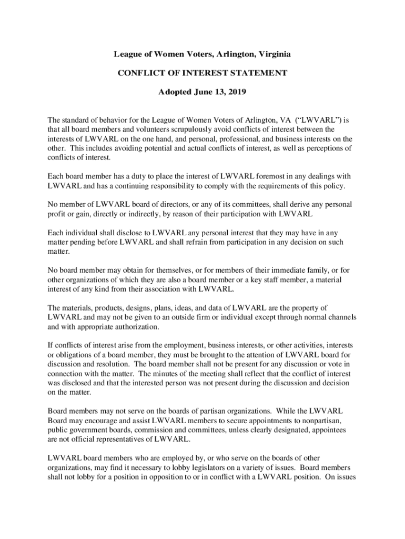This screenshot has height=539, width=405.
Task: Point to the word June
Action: click(193, 92)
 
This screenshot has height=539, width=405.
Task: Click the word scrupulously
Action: click(176, 129)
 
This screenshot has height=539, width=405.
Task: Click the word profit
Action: click(57, 214)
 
